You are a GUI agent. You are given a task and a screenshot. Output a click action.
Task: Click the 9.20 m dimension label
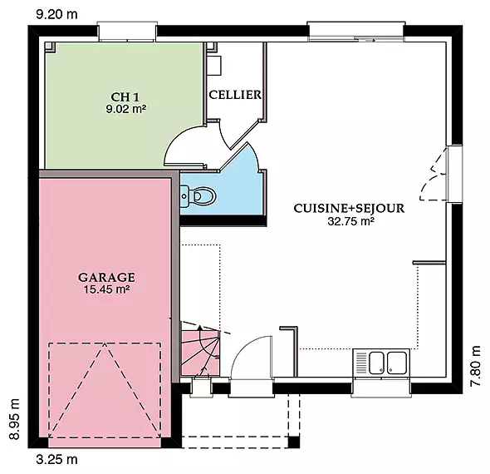tap(56, 14)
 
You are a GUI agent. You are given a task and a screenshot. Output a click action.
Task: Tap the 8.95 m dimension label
tap(14, 419)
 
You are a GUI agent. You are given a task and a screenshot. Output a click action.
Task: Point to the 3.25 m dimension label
tap(56, 460)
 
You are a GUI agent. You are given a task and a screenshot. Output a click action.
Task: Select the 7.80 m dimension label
tap(475, 366)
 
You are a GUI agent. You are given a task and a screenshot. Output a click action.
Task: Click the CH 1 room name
tap(125, 97)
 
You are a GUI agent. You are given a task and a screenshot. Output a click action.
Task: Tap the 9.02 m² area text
tap(125, 109)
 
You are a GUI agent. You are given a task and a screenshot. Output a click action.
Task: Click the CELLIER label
tap(235, 95)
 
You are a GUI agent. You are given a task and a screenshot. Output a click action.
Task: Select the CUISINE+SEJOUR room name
tap(349, 209)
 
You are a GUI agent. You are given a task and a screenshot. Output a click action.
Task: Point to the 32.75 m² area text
tap(350, 221)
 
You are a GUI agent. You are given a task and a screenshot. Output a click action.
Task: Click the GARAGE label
tap(106, 277)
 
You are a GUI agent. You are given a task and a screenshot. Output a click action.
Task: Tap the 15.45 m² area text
tap(106, 289)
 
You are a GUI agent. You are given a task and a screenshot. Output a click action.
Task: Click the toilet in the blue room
tap(198, 196)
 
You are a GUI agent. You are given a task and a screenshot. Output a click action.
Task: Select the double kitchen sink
tap(388, 363)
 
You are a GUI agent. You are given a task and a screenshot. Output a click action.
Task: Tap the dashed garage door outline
tap(105, 390)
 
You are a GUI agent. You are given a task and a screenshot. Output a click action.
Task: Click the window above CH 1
tap(127, 32)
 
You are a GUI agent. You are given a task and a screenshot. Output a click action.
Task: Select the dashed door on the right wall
tap(434, 174)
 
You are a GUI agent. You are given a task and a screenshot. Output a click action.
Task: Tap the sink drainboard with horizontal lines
tap(361, 363)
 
